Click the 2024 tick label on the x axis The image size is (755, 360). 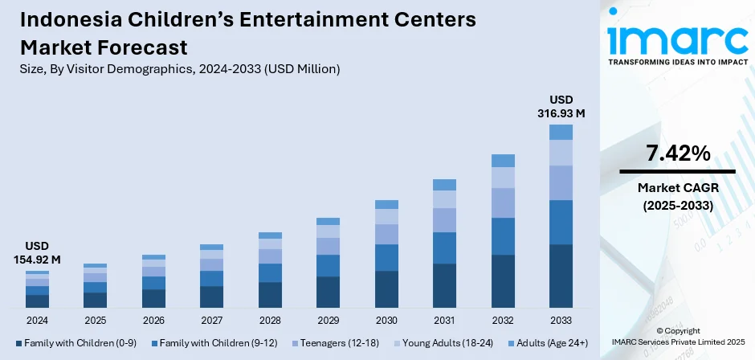tap(37, 320)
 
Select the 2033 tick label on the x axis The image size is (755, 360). tap(561, 320)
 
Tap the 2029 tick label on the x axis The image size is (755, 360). tap(328, 320)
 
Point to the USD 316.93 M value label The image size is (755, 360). tap(561, 106)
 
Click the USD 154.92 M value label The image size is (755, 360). tap(37, 252)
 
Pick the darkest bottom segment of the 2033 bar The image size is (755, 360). tap(561, 276)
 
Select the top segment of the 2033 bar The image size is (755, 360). tap(561, 133)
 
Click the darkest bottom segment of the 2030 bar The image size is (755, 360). tap(386, 289)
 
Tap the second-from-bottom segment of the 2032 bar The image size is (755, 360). tap(503, 236)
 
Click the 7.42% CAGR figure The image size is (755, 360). tap(677, 153)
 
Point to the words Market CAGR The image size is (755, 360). tap(677, 187)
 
